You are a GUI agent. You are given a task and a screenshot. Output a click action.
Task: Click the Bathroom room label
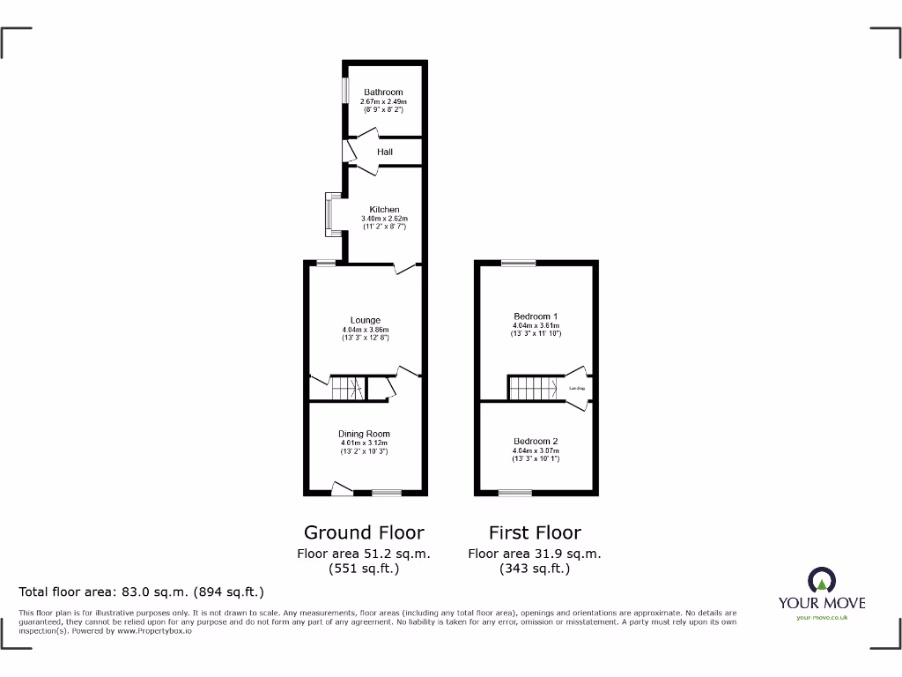tap(383, 92)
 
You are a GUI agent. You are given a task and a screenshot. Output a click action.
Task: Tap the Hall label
tap(385, 152)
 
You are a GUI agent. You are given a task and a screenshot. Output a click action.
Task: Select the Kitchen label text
tap(384, 210)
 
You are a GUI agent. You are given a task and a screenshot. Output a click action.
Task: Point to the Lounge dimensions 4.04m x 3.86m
tap(365, 330)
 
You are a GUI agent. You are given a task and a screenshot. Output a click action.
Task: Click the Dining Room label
tap(364, 434)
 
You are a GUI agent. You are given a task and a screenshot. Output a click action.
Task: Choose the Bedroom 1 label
tap(536, 316)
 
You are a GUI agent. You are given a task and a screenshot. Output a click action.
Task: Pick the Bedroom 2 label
tap(536, 441)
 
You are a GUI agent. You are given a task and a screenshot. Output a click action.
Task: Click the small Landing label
tap(577, 388)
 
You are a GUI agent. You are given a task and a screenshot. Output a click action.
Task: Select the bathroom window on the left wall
tap(345, 92)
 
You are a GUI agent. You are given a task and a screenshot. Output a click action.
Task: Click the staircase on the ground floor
tap(347, 387)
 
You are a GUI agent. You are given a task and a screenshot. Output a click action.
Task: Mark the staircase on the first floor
tap(531, 387)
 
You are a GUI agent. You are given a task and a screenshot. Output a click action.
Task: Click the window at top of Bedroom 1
tap(518, 263)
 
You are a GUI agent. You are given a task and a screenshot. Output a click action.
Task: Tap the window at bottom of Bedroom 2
tap(510, 492)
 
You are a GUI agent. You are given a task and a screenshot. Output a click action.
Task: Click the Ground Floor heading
tap(364, 532)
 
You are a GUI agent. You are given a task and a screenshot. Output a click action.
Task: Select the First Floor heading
tap(535, 532)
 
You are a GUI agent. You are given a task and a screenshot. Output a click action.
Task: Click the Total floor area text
tap(141, 592)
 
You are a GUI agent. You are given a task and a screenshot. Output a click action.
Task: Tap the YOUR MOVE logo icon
tap(821, 581)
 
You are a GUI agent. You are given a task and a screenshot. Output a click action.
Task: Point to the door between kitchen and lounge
tap(404, 268)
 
